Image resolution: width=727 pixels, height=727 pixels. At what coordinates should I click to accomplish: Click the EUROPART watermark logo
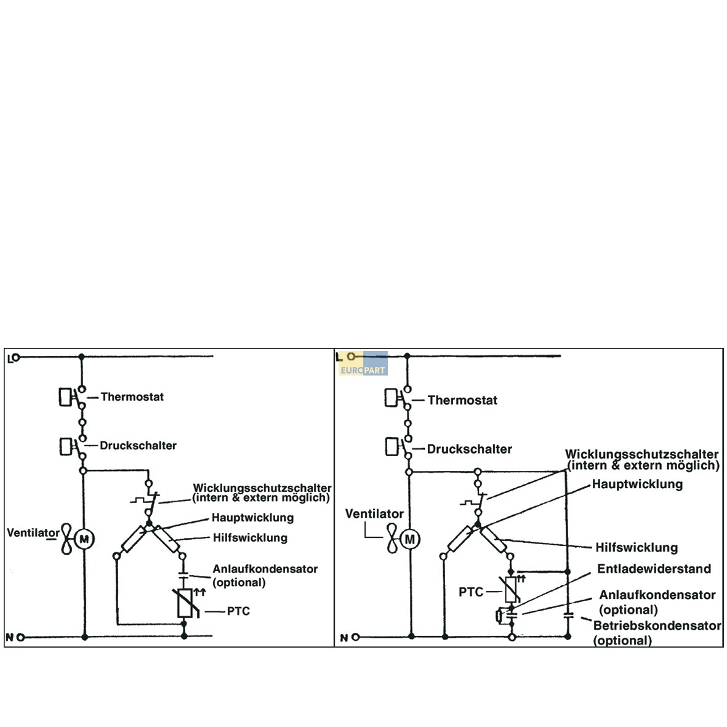363,363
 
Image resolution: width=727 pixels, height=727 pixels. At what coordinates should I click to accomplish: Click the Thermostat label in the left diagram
132,397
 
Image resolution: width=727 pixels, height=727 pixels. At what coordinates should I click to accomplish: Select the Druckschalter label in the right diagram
469,449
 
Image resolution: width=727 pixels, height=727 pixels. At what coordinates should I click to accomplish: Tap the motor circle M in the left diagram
84,539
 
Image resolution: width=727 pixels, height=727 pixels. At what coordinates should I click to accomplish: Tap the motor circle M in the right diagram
410,540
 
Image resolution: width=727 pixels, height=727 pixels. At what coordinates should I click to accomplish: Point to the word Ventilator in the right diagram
375,514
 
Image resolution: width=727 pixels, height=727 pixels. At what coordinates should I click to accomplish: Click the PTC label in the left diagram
238,611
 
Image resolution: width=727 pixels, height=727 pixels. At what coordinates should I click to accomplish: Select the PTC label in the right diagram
471,592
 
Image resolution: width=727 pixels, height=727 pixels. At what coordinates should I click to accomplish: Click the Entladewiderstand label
654,569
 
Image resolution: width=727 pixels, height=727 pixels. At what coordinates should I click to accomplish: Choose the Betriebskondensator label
657,625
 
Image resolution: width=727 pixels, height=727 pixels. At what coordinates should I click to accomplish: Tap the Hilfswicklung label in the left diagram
251,538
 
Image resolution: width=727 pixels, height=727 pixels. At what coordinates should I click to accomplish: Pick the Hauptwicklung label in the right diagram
638,484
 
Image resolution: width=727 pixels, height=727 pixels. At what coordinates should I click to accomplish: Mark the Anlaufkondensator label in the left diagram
265,569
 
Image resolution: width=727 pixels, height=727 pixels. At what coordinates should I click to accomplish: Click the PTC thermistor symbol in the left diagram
185,603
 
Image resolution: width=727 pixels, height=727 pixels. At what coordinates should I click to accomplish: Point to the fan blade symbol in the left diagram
67,539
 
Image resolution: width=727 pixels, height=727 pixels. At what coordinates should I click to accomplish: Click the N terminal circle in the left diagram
20,638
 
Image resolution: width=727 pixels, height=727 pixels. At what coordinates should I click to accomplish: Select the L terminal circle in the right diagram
351,356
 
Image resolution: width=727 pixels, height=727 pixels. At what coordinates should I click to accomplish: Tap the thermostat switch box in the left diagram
65,397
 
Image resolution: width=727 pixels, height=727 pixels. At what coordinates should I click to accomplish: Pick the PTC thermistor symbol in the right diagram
511,590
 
